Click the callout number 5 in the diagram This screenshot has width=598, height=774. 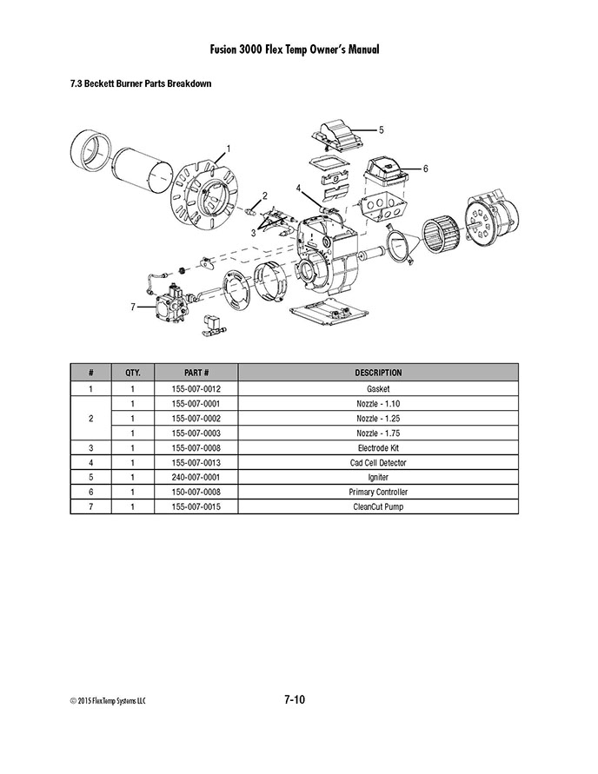point(381,130)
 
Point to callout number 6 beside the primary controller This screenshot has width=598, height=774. point(425,169)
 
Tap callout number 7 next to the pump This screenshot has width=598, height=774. point(133,307)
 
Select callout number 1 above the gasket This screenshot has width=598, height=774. point(228,149)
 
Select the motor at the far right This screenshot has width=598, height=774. point(490,219)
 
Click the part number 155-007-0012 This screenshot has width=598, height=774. point(196,389)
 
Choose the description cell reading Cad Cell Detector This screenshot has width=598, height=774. point(378,463)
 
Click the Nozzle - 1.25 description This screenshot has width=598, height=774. point(378,419)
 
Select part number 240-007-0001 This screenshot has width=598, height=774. point(196,477)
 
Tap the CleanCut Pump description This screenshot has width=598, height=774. point(378,507)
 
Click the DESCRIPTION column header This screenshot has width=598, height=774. point(378,373)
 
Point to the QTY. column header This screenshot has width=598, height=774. point(133,373)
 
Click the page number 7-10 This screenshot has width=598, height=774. point(295,699)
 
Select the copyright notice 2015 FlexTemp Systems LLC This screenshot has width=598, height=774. point(109,701)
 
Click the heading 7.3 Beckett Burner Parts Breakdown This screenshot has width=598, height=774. point(141,83)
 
